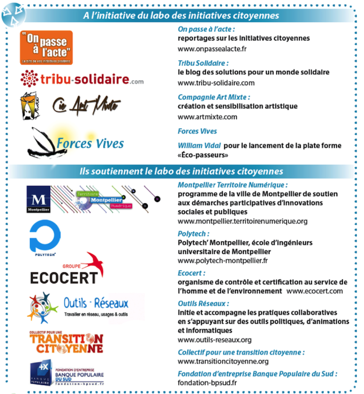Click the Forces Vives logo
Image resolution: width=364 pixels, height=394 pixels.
pos(75,142)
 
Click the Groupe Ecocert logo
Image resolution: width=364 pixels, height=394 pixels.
pos(67,269)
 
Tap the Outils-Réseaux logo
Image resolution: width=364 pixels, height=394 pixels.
pos(78,307)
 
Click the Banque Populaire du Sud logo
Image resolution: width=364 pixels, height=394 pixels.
pos(66,372)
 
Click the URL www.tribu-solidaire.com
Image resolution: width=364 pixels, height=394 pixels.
pos(216,83)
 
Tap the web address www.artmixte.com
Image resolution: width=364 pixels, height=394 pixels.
pos(207,117)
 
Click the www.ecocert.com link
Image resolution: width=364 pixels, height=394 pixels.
pos(315,291)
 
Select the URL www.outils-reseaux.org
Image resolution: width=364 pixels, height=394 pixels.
pos(215,340)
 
